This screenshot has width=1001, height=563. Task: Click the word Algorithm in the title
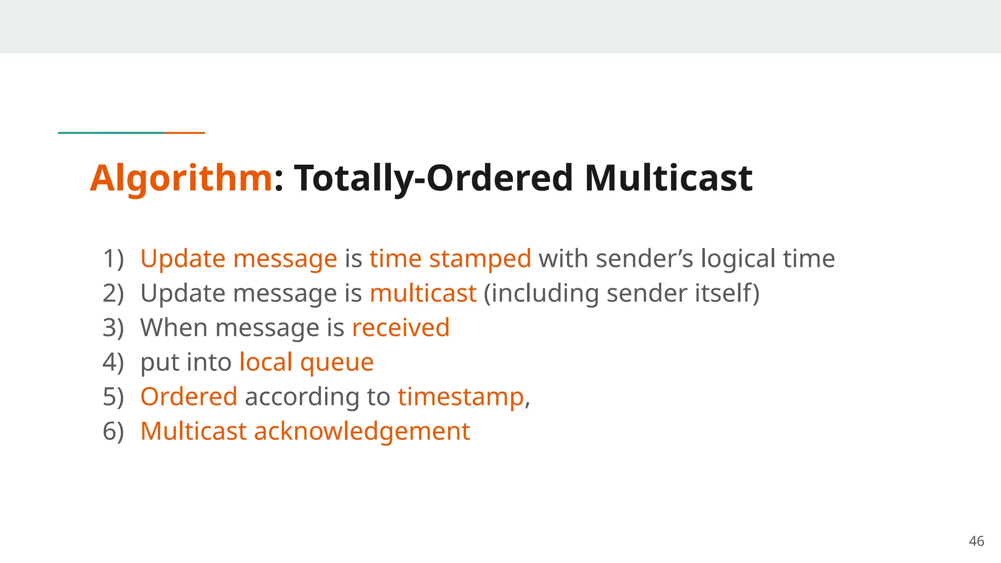click(181, 178)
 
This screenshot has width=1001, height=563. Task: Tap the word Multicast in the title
click(668, 178)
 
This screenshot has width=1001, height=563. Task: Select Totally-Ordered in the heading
click(433, 178)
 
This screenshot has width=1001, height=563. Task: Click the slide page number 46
click(976, 541)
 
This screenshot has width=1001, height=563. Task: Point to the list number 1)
click(113, 259)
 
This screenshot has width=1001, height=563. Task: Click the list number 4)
click(113, 362)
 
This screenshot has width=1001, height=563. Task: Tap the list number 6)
click(113, 431)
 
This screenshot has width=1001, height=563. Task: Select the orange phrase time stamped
click(450, 259)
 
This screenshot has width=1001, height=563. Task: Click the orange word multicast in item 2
click(423, 293)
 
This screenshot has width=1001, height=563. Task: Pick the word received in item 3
click(400, 327)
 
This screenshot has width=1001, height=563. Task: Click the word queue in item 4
click(337, 362)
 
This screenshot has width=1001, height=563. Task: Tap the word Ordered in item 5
click(189, 396)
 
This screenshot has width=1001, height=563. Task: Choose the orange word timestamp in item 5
click(460, 396)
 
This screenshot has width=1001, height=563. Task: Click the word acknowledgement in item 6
click(362, 431)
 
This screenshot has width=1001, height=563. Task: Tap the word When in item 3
click(174, 327)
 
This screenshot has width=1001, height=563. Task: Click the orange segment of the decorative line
click(185, 132)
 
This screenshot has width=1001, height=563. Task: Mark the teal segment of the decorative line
click(111, 132)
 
